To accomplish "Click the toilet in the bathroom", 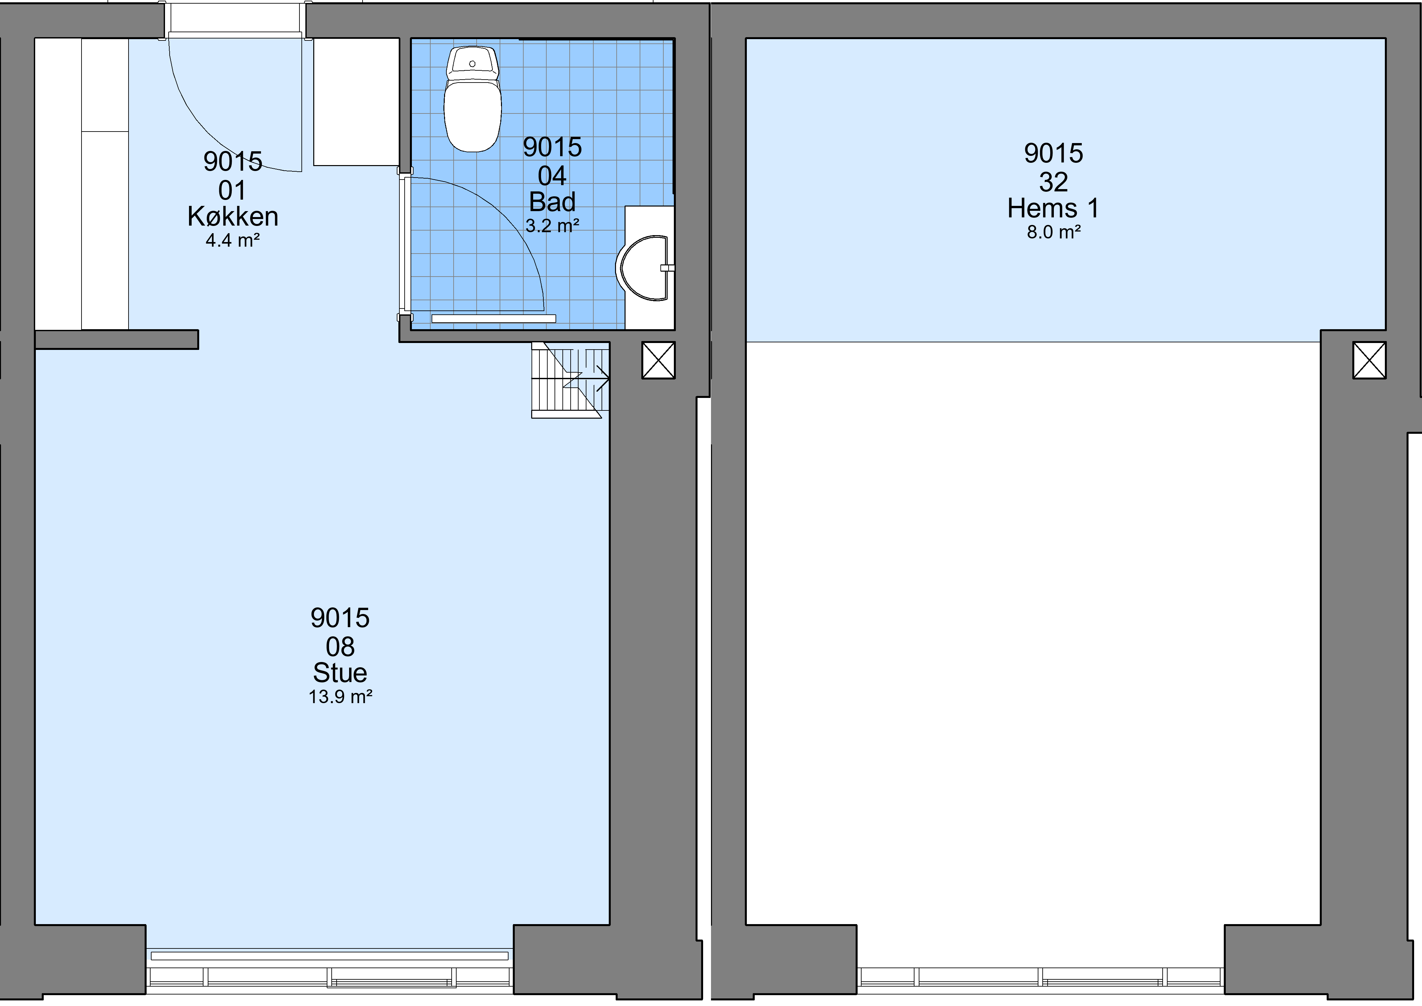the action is point(473,99).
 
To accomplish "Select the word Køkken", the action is point(233,216).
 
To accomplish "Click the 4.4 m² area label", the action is point(232,240).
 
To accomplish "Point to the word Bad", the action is point(553,202).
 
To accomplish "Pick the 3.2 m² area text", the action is point(553,226).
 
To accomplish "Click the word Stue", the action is point(340,673).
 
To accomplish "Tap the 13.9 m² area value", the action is point(340,697).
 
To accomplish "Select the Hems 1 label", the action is point(1054,208).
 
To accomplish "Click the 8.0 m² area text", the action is point(1054,232).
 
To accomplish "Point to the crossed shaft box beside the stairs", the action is point(658,360).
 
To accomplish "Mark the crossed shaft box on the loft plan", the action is point(1369,360).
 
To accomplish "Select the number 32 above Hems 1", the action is point(1054,182).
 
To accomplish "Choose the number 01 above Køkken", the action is point(232,190).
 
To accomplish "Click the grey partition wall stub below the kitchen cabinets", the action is point(116,339).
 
